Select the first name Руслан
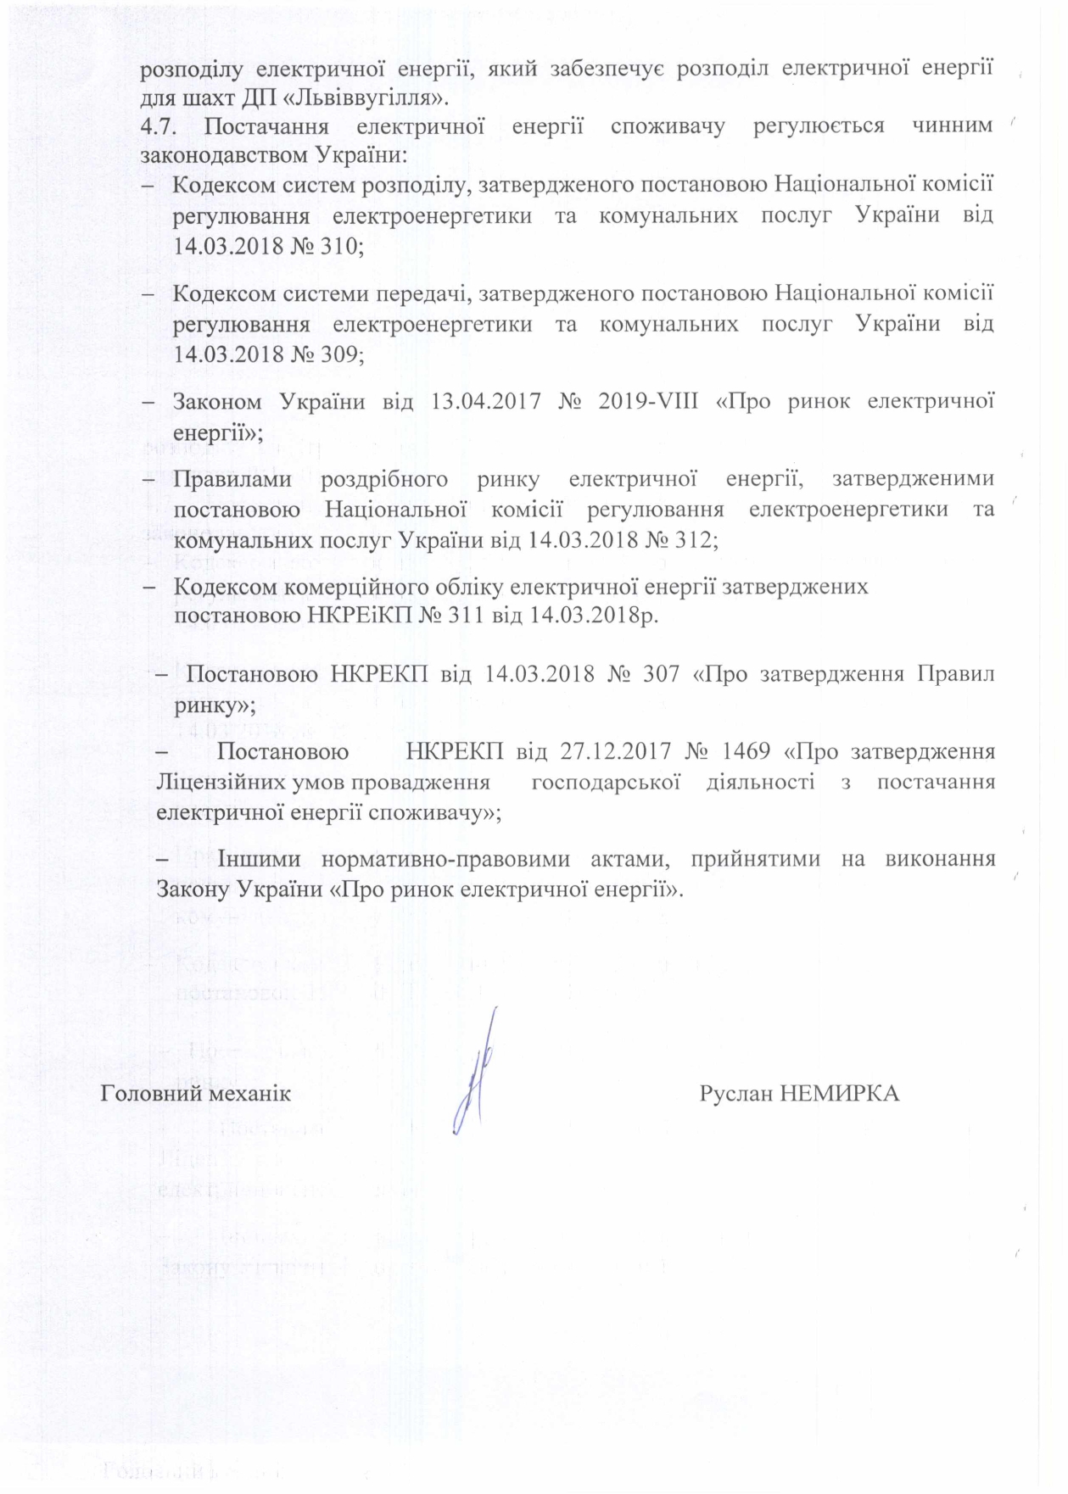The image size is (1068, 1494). click(735, 1094)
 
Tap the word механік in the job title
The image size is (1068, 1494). click(248, 1094)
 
